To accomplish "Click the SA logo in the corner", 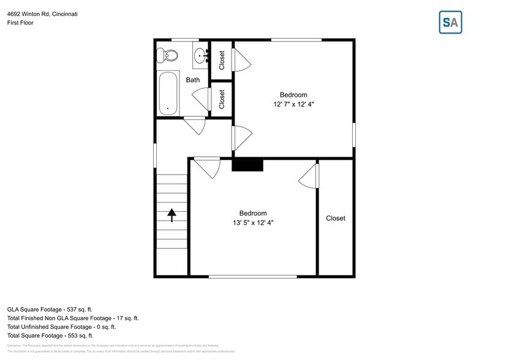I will coord(451,23).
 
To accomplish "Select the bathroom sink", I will coord(201,58).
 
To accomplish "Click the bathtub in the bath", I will coord(168,94).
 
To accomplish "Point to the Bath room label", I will coord(193,80).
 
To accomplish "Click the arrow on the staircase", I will coord(172,214).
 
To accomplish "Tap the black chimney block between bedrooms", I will coord(247,165).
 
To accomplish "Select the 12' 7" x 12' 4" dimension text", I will coord(293,105).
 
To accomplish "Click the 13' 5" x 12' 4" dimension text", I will coord(248,223).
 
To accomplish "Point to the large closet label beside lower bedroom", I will coord(335,219).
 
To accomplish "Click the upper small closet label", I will coord(222,59).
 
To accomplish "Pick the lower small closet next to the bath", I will coord(222,99).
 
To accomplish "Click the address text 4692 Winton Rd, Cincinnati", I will coord(42,13).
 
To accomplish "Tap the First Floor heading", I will coord(21,23).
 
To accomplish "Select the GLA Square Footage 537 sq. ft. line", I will coord(50,310).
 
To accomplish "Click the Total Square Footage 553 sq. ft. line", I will coord(50,336).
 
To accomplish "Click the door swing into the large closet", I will coord(309,177).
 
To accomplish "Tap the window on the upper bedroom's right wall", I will coord(353,135).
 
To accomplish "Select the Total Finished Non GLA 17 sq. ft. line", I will coord(73,318).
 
